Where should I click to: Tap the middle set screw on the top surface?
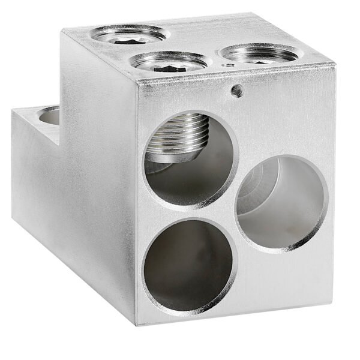(169, 62)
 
